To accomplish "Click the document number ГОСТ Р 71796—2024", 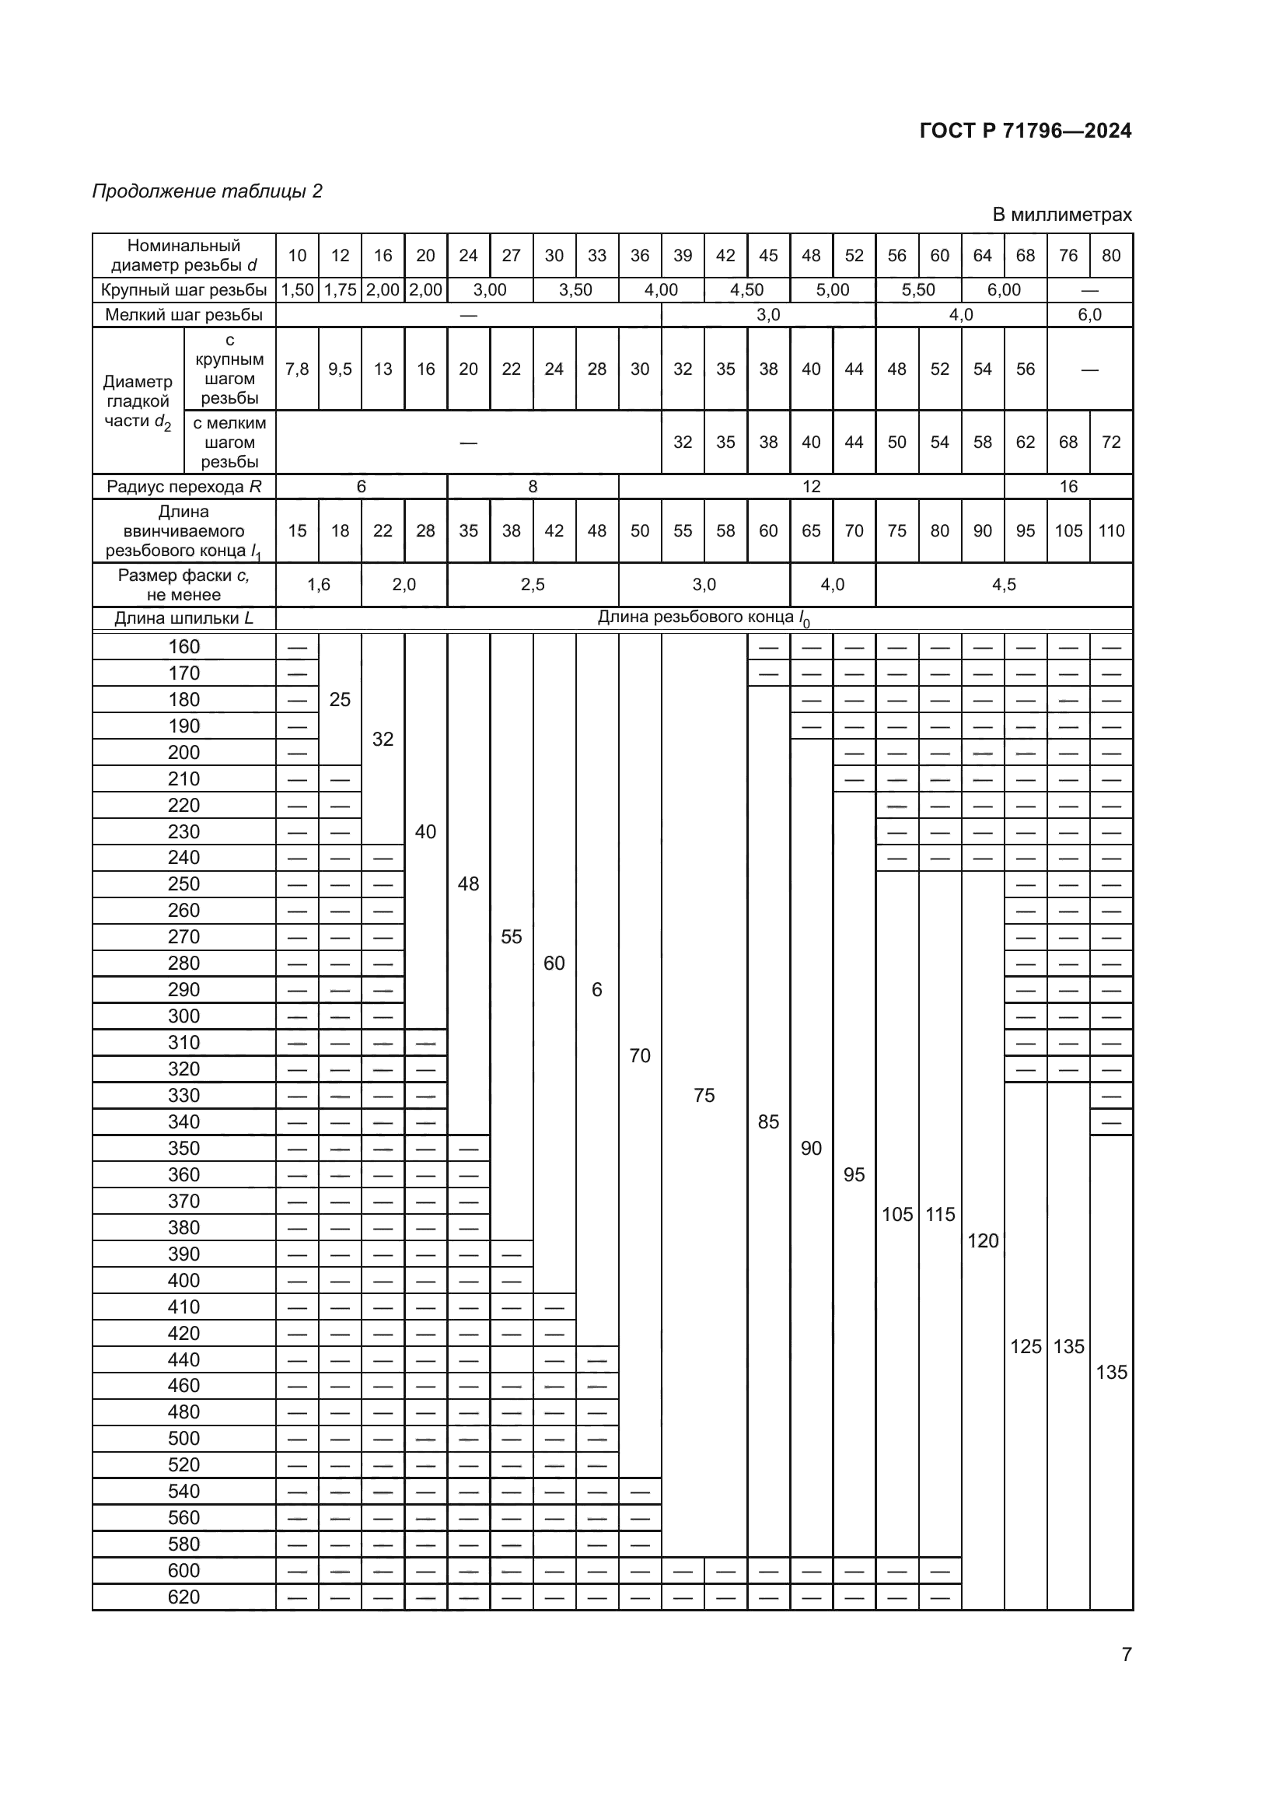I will point(1026,131).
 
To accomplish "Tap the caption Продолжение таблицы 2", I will point(208,191).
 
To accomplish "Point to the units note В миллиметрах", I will point(1062,214).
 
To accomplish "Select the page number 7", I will point(1127,1654).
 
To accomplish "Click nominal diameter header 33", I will point(597,255).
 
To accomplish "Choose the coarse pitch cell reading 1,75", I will point(340,290).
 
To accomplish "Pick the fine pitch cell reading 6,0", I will point(1089,314).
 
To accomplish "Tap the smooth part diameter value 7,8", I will point(297,369).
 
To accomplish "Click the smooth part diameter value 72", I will point(1111,442).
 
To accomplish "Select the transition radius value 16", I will point(1068,486).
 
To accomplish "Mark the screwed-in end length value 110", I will point(1111,531).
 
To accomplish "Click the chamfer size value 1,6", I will point(318,585).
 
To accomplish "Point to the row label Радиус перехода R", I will point(183,486).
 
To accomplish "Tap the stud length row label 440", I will point(183,1359).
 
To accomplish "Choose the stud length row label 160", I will point(183,646).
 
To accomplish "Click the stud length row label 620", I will point(183,1597).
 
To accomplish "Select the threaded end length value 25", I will point(340,700).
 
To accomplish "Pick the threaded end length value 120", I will point(983,1240).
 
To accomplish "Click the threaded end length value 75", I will point(704,1095).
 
